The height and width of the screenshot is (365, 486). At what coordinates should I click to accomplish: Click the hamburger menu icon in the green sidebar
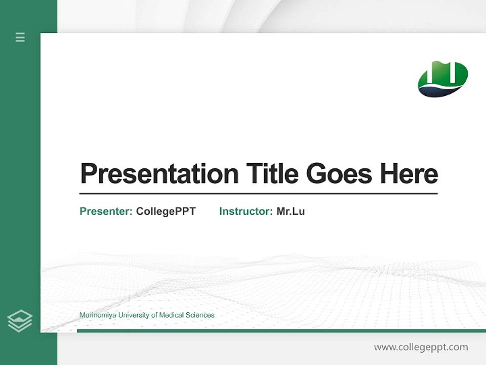(x=20, y=37)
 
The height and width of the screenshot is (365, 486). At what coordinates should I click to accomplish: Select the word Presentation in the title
(x=159, y=174)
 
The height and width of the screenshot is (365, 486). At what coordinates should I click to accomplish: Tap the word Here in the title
(x=409, y=174)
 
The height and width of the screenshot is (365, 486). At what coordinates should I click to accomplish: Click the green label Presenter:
(x=106, y=211)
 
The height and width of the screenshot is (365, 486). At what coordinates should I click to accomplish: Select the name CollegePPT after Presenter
(x=166, y=211)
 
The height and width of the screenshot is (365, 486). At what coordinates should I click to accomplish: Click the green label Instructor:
(x=246, y=211)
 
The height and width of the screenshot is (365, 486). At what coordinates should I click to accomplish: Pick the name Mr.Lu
(x=291, y=211)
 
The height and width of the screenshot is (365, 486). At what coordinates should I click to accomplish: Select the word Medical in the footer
(x=172, y=315)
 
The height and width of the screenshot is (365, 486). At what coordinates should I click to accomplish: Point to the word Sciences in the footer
(x=200, y=315)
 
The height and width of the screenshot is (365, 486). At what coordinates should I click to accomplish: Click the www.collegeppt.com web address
(x=421, y=347)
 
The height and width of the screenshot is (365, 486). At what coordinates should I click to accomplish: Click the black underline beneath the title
(x=258, y=194)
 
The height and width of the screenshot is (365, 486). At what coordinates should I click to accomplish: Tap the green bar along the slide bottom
(x=278, y=331)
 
